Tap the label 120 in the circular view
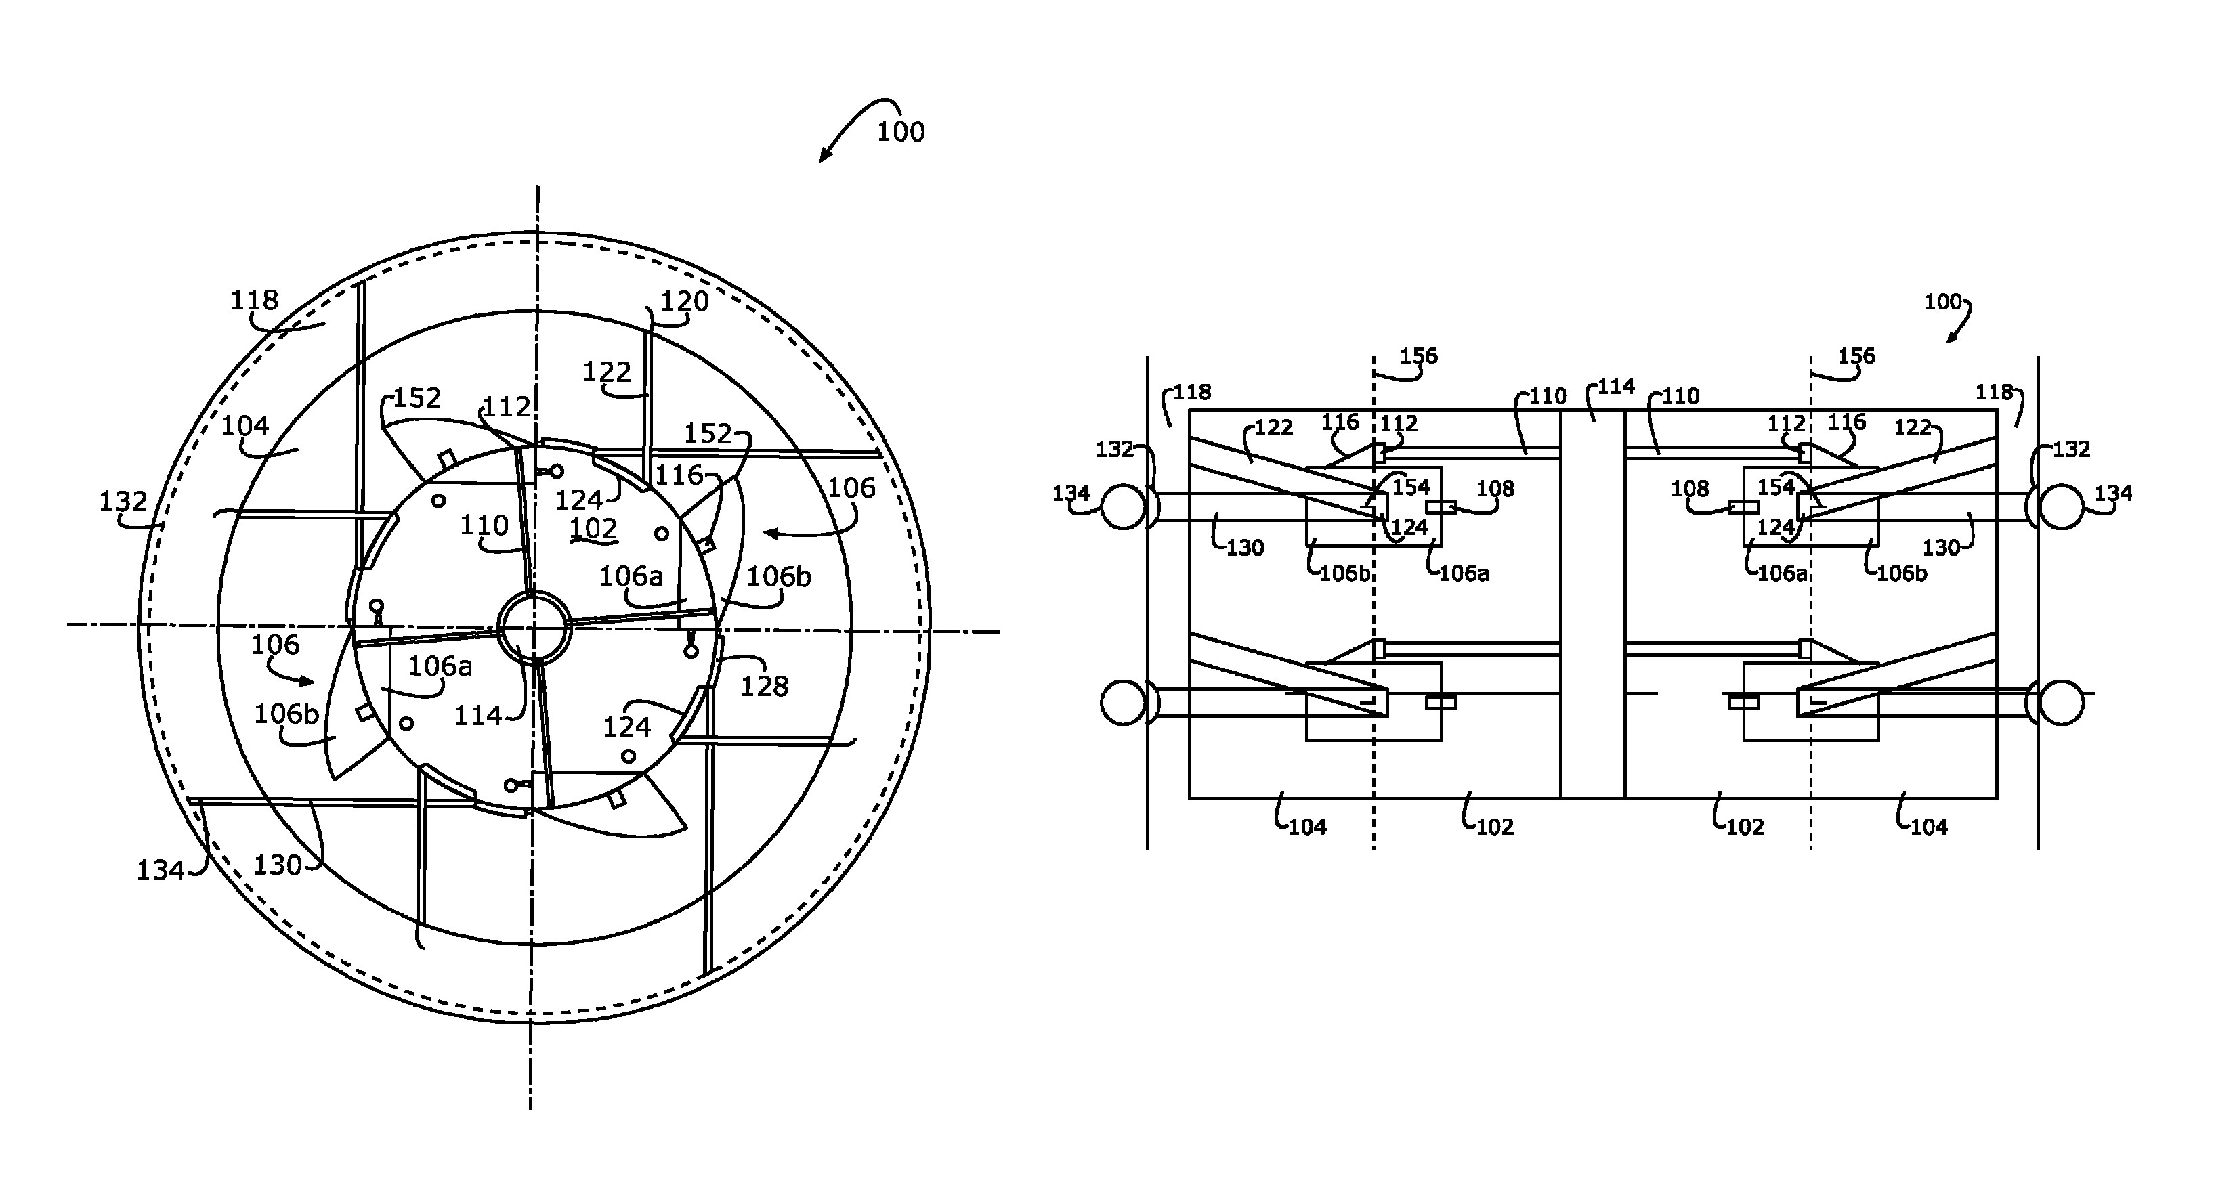pos(685,301)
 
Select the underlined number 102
pos(593,528)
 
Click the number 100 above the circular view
pos(901,132)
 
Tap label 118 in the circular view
pos(254,300)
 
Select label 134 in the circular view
pos(161,869)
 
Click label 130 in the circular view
pos(278,865)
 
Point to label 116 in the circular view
pos(679,475)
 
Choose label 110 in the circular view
pos(484,525)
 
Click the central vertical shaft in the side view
pos(1593,604)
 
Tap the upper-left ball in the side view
pos(1124,506)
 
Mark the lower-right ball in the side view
pos(2061,702)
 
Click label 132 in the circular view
pos(123,502)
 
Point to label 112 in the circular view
pos(506,406)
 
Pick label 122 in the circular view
pos(606,372)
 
